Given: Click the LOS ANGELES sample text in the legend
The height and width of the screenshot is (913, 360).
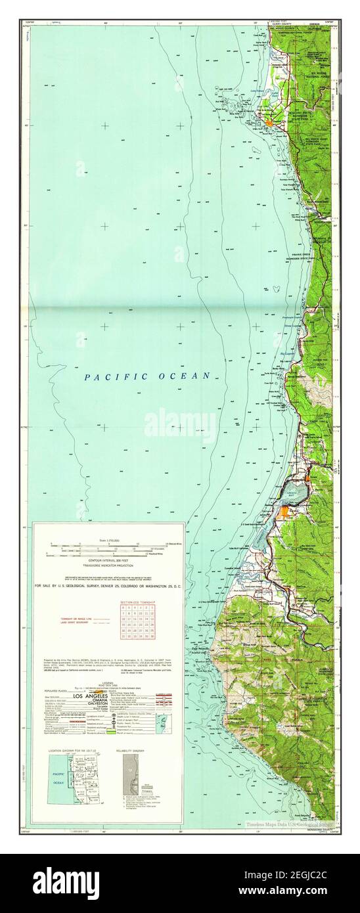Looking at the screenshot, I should click(x=87, y=695).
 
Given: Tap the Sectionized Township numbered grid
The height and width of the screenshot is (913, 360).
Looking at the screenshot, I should click(x=137, y=621).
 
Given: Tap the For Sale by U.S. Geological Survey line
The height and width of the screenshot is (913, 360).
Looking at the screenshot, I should click(x=108, y=584).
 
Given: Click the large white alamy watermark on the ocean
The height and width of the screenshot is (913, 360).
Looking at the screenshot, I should click(x=179, y=426).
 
